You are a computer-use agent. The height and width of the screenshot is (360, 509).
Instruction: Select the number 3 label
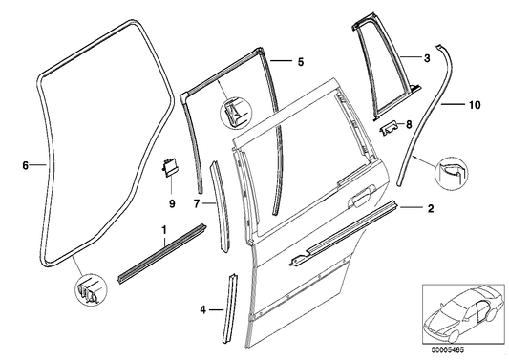coord(427,59)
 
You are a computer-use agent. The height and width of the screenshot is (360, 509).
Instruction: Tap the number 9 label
coord(172,202)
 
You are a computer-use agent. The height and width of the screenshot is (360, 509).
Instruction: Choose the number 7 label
coord(197,203)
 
